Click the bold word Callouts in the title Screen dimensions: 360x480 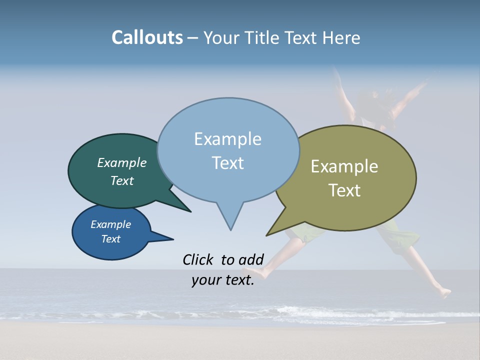pos(147,37)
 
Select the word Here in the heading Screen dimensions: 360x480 pos(342,37)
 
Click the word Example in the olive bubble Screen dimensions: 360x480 pos(344,166)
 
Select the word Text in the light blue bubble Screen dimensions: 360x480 pos(228,163)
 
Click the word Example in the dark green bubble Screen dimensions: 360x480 pos(122,162)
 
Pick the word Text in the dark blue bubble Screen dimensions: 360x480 pos(111,239)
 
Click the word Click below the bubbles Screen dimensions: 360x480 pos(198,259)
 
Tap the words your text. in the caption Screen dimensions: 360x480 pos(223,280)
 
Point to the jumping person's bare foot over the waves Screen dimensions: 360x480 pos(444,293)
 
